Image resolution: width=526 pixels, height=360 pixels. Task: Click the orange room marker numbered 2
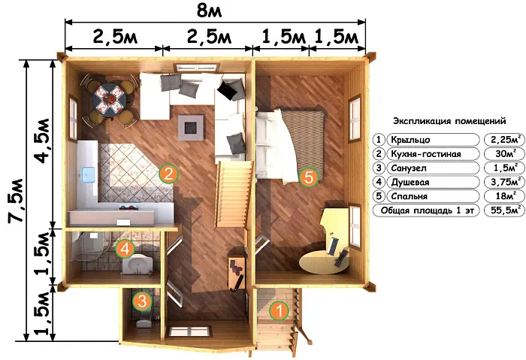(168, 174)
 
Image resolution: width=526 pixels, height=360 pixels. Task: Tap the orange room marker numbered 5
(308, 177)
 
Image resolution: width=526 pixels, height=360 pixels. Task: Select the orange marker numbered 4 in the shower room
(125, 249)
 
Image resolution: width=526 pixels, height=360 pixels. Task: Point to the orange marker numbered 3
(142, 301)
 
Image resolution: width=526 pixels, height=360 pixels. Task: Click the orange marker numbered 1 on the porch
(279, 311)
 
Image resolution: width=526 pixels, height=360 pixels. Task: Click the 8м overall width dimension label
(210, 11)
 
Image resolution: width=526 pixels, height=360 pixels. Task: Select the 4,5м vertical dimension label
(43, 141)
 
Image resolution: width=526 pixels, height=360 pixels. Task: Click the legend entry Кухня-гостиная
(426, 154)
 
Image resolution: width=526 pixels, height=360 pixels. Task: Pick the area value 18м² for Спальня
(506, 196)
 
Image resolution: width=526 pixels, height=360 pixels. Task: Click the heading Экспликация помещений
(449, 121)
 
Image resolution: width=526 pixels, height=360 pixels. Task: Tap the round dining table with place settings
(110, 100)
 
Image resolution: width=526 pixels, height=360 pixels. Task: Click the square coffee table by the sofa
(191, 127)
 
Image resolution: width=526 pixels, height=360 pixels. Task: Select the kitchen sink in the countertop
(88, 174)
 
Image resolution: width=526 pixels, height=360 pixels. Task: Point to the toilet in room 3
(144, 322)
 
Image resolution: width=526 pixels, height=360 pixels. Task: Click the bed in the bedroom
(291, 144)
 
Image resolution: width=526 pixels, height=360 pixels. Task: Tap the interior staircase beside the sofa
(234, 194)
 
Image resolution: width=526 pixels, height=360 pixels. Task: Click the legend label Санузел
(409, 168)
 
